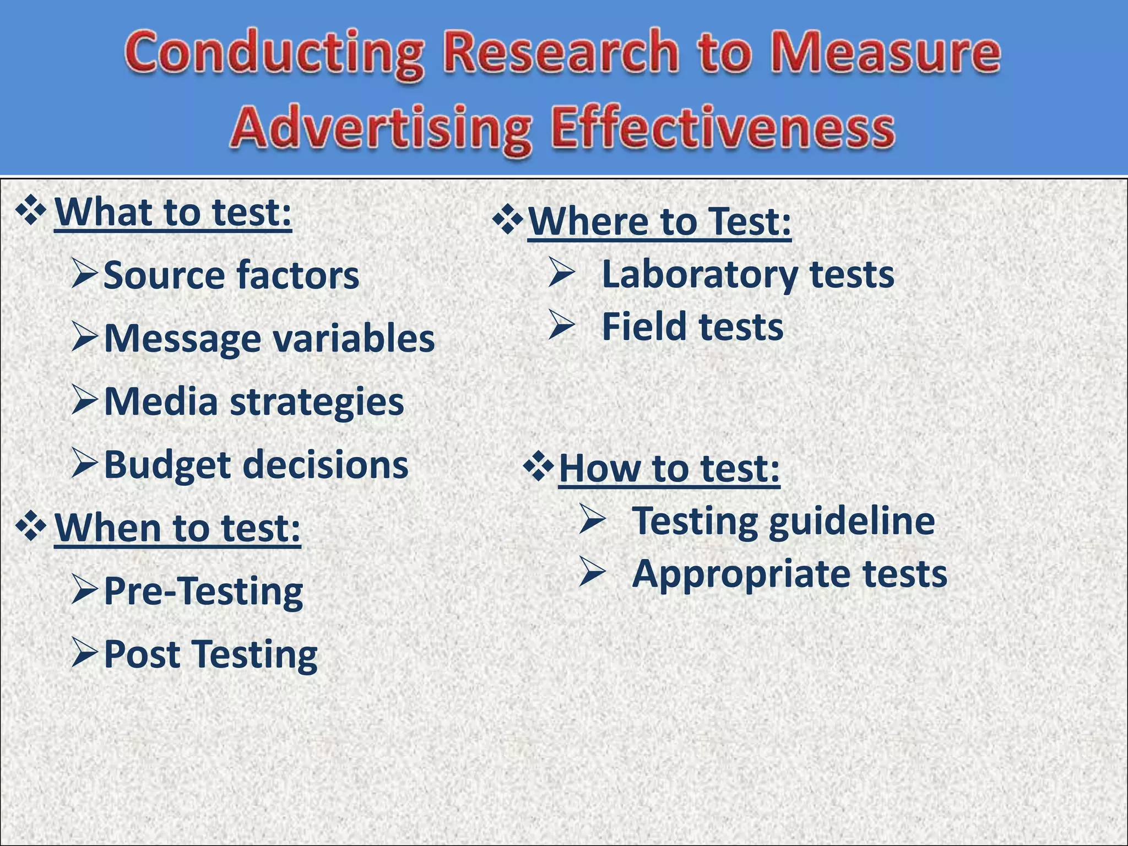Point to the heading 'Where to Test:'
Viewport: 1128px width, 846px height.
[659, 221]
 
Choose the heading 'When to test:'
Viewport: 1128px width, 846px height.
[177, 528]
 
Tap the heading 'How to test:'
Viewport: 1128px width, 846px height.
[669, 468]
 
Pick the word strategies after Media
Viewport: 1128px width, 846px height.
[317, 402]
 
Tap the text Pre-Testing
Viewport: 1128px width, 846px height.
[203, 591]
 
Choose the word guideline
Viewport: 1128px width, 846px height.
[852, 521]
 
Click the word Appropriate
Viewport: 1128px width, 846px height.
[741, 574]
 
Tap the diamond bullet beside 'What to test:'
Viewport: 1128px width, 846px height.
[31, 213]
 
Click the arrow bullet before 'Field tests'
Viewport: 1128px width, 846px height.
[562, 326]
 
